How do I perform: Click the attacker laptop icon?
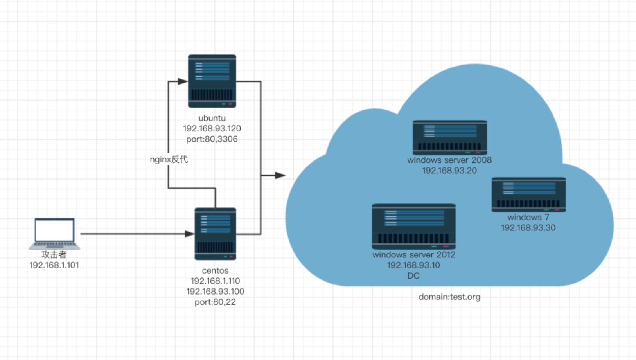pos(54,233)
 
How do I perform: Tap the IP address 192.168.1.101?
pos(54,265)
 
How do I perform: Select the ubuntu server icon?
pos(212,81)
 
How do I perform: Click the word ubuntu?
pos(212,118)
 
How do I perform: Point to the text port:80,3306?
pos(212,139)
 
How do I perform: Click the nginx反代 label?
pos(169,160)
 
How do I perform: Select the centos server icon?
pos(215,234)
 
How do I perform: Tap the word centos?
pos(215,270)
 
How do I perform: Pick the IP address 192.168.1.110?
pos(215,281)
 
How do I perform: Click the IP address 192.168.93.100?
pos(215,292)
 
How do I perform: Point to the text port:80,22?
pos(215,302)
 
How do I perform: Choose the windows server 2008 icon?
pos(450,137)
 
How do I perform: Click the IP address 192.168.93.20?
pos(449,171)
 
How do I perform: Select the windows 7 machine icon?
pos(528,194)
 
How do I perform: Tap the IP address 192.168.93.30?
pos(528,228)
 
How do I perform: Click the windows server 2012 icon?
pos(413,226)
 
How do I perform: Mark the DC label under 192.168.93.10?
pos(413,276)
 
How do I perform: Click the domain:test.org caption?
pos(449,297)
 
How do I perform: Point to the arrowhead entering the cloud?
pos(280,175)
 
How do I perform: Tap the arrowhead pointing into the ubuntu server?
pos(182,81)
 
